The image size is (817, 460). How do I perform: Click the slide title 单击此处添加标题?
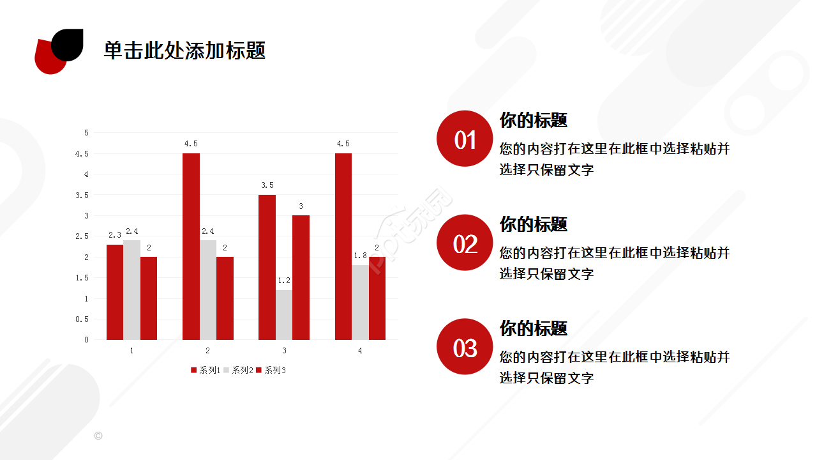[x=184, y=50]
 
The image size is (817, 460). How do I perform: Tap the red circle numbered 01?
[x=465, y=139]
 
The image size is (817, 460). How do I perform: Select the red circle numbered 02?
[x=465, y=243]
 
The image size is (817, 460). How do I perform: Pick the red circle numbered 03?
[x=465, y=347]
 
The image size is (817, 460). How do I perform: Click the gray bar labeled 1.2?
[x=284, y=315]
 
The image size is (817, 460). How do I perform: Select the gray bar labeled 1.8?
[x=360, y=302]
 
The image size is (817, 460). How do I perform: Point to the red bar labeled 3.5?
[x=267, y=267]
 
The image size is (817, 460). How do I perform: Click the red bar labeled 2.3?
[x=115, y=292]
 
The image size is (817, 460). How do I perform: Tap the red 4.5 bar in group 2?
[x=191, y=247]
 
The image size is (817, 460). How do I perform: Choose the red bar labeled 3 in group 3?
[x=301, y=277]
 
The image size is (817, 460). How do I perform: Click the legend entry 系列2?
[x=239, y=370]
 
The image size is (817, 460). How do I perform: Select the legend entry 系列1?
[x=206, y=370]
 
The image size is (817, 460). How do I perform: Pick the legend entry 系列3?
[x=271, y=370]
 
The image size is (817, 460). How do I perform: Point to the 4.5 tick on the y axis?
[x=82, y=153]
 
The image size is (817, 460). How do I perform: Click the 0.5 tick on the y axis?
[x=82, y=319]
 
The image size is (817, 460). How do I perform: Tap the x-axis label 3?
[x=284, y=351]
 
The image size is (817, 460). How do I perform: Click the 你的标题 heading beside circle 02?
[x=533, y=224]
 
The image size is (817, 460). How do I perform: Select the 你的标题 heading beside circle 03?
[x=533, y=328]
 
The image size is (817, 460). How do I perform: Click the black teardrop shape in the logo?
[x=68, y=43]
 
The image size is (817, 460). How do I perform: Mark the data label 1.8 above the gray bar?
[x=360, y=256]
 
